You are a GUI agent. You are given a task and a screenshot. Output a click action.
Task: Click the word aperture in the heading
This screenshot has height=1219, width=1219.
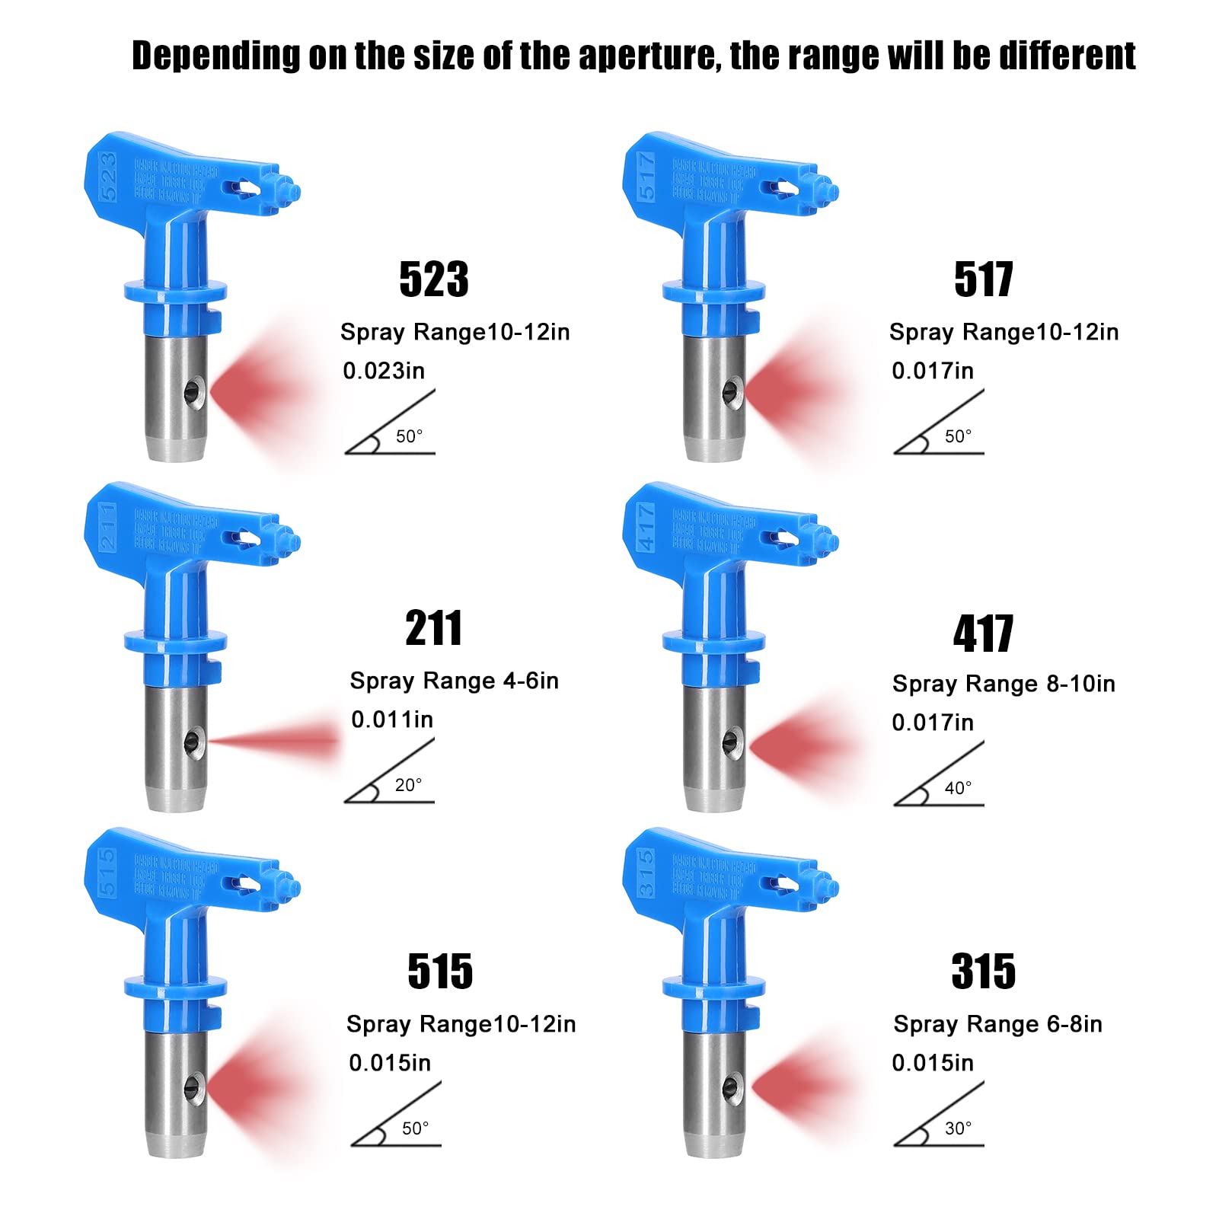[649, 56]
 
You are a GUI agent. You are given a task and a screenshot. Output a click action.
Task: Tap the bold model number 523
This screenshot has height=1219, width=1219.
[434, 279]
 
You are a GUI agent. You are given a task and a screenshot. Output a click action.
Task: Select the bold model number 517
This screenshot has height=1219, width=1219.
[983, 279]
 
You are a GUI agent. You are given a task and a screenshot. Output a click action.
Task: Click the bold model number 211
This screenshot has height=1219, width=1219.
[433, 629]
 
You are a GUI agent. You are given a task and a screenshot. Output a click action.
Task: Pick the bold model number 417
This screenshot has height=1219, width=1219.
[983, 633]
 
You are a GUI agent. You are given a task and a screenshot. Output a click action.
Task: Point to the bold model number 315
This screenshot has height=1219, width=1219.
[983, 972]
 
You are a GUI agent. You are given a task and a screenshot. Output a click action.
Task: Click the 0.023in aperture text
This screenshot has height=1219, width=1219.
[384, 371]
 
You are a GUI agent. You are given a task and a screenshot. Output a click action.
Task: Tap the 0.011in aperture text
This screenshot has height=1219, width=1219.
[392, 720]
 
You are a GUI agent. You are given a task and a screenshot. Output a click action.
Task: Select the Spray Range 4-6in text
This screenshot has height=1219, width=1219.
[454, 681]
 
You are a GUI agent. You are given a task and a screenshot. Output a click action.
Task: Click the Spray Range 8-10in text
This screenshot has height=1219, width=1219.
[1004, 684]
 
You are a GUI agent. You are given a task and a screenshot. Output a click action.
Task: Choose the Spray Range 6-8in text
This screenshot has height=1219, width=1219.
[997, 1024]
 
